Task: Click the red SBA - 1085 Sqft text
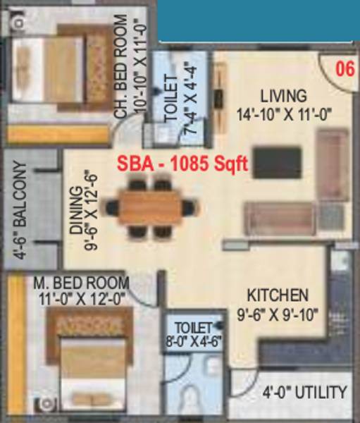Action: [182, 164]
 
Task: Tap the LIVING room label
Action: [283, 95]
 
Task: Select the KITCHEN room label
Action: [277, 295]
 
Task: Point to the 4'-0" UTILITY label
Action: [304, 393]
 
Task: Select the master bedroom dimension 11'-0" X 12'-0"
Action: [82, 298]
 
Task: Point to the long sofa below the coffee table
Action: [278, 218]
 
